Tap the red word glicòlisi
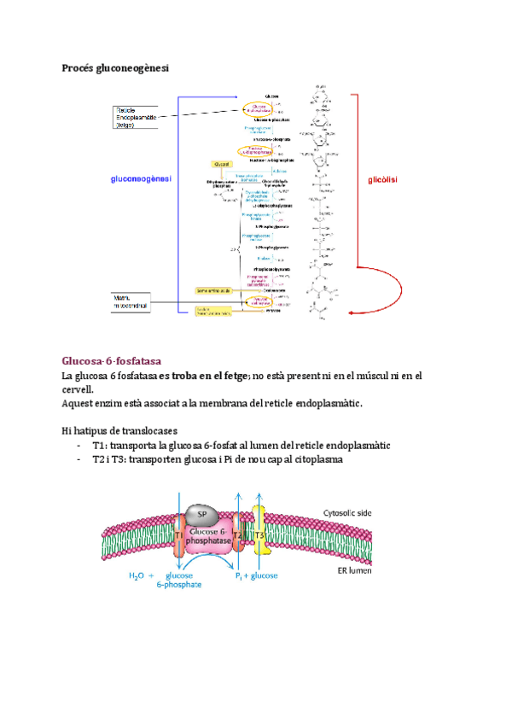(383, 180)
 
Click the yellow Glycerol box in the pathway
(222, 163)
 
